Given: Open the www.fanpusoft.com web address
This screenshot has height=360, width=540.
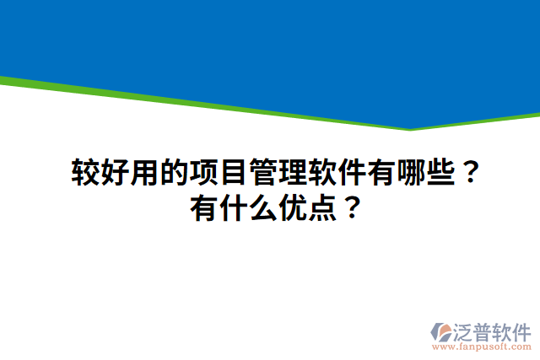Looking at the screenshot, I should click(x=481, y=346).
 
